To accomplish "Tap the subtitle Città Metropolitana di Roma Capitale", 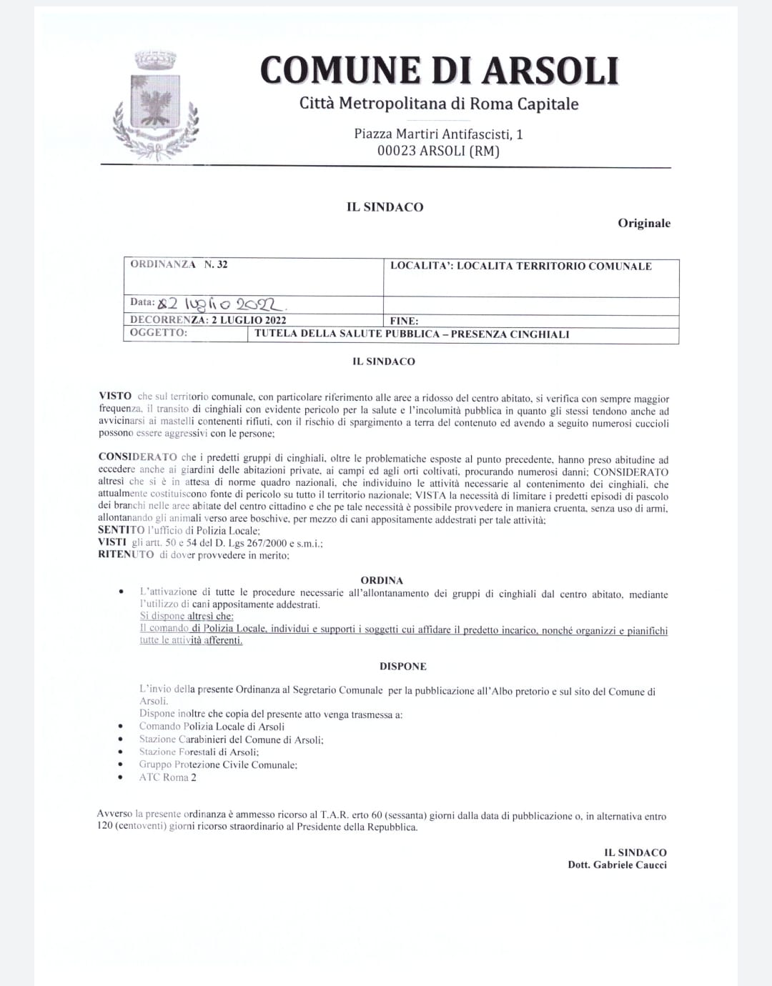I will click(x=439, y=104).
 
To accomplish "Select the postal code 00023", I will click(x=396, y=151).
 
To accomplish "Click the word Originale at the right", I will click(x=644, y=223).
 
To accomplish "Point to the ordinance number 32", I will click(x=222, y=264).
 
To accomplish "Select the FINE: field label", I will click(x=405, y=321).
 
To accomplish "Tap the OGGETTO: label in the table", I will click(x=159, y=333).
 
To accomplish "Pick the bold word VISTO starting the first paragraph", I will click(x=115, y=396).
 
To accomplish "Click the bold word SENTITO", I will click(x=121, y=530).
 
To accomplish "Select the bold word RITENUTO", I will click(x=126, y=554).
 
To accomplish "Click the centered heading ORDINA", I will click(x=382, y=580).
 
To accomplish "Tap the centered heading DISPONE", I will click(x=402, y=666).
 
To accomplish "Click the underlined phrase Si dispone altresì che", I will click(x=187, y=616).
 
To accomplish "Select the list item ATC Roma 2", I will click(x=168, y=777).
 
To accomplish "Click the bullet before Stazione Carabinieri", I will click(x=122, y=740).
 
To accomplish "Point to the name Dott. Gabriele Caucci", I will click(x=617, y=865).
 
